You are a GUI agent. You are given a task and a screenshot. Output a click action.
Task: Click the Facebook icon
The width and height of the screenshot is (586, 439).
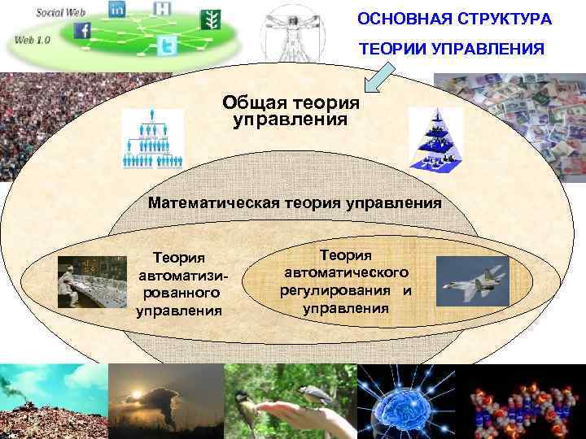(x=83, y=31)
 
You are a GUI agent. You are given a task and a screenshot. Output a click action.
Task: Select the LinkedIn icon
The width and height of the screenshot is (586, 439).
(x=117, y=10)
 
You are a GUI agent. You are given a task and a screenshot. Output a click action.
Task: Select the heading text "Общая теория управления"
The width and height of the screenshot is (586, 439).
(x=290, y=111)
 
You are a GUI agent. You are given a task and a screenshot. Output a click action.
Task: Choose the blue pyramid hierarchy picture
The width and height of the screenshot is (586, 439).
(x=435, y=138)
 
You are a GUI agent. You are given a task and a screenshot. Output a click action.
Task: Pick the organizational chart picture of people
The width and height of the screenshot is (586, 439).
(x=153, y=139)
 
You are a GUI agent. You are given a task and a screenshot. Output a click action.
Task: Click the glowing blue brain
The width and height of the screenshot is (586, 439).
(x=409, y=401)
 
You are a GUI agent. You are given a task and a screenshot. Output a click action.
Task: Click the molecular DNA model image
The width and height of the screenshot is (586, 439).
(x=527, y=401)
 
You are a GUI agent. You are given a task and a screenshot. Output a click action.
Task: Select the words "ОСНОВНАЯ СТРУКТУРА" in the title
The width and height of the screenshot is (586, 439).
(x=454, y=18)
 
